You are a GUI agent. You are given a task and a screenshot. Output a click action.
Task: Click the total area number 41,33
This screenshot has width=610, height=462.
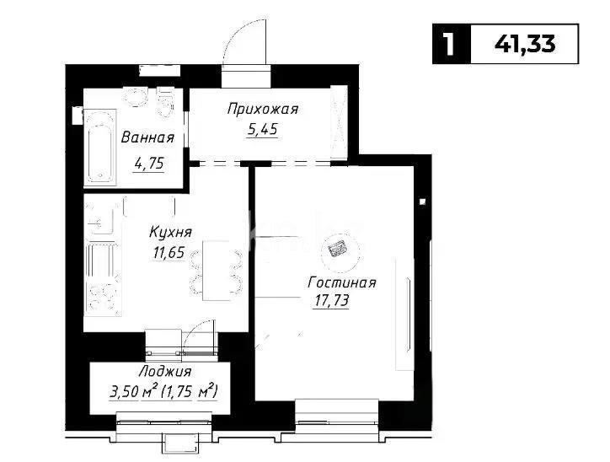click(x=525, y=44)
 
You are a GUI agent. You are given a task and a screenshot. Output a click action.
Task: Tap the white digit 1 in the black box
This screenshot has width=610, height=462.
click(x=449, y=44)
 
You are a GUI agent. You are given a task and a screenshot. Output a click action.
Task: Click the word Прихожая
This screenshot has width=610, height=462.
click(x=263, y=109)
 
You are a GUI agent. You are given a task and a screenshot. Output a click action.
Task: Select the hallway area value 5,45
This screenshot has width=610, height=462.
click(x=263, y=129)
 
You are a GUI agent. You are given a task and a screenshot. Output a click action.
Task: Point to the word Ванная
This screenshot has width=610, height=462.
click(x=147, y=137)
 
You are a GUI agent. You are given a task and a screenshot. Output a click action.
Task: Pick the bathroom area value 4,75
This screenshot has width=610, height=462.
click(x=149, y=164)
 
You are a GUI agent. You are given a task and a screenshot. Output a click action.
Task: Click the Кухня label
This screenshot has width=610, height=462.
click(x=170, y=233)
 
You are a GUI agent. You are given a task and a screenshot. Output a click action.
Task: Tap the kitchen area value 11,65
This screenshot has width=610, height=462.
click(x=169, y=253)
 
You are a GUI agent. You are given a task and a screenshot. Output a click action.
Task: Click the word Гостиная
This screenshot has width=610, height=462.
click(x=342, y=282)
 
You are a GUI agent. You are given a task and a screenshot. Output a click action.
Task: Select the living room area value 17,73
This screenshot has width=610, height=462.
click(x=330, y=301)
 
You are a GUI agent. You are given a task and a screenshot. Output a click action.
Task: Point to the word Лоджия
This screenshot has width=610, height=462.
click(x=165, y=372)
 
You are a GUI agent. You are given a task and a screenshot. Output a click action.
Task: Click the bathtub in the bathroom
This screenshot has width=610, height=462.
click(x=100, y=148)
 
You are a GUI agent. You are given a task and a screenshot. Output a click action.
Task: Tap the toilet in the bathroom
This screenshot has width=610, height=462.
click(x=165, y=102)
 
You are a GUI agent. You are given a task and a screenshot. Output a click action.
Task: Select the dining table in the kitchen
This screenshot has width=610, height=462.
click(x=217, y=271)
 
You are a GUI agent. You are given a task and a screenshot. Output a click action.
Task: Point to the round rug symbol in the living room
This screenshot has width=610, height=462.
click(x=337, y=249)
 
